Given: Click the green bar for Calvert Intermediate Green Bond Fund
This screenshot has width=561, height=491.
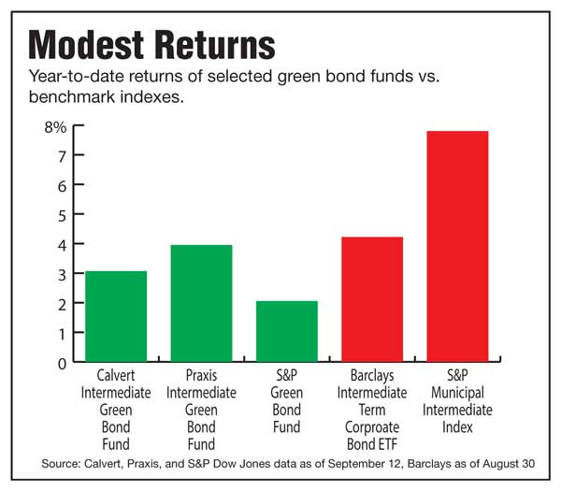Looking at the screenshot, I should (116, 316).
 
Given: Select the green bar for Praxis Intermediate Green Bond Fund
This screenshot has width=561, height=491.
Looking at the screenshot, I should (201, 303).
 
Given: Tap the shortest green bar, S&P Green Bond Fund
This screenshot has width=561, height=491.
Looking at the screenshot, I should (286, 331).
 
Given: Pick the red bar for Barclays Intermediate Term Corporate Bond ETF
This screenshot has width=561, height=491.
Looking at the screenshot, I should (371, 299).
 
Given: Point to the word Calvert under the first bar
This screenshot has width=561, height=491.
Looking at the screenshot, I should (115, 376).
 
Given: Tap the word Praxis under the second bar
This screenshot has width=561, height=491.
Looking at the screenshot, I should (200, 376).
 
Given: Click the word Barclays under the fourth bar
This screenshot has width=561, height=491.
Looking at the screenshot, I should (371, 376).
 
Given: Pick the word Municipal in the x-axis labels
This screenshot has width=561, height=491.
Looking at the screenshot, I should (457, 393).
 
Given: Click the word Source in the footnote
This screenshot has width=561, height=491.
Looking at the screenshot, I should (61, 464).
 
